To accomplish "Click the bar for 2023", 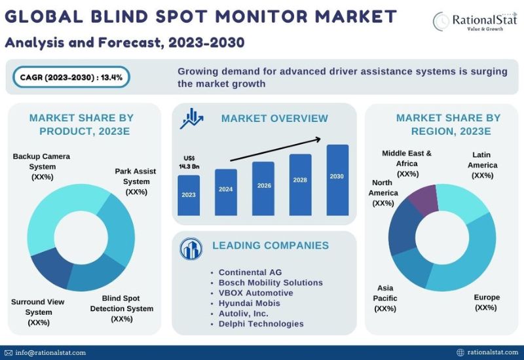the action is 189,195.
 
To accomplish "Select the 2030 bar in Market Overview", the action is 337,180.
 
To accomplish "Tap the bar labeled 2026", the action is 263,189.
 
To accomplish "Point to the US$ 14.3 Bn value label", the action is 189,162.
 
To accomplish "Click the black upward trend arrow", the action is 276,149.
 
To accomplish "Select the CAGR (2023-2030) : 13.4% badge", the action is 71,77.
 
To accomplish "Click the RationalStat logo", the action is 475,21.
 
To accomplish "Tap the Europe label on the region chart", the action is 486,302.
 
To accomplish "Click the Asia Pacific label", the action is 385,298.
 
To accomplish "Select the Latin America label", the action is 482,165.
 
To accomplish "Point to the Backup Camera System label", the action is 42,166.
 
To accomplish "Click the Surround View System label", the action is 38,312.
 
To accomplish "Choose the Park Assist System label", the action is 136,181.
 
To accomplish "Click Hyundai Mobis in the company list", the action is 250,303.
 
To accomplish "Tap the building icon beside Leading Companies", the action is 191,249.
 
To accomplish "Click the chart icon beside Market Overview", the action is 191,118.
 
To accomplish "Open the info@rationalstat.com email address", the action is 50,353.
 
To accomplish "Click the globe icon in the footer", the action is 460,352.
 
